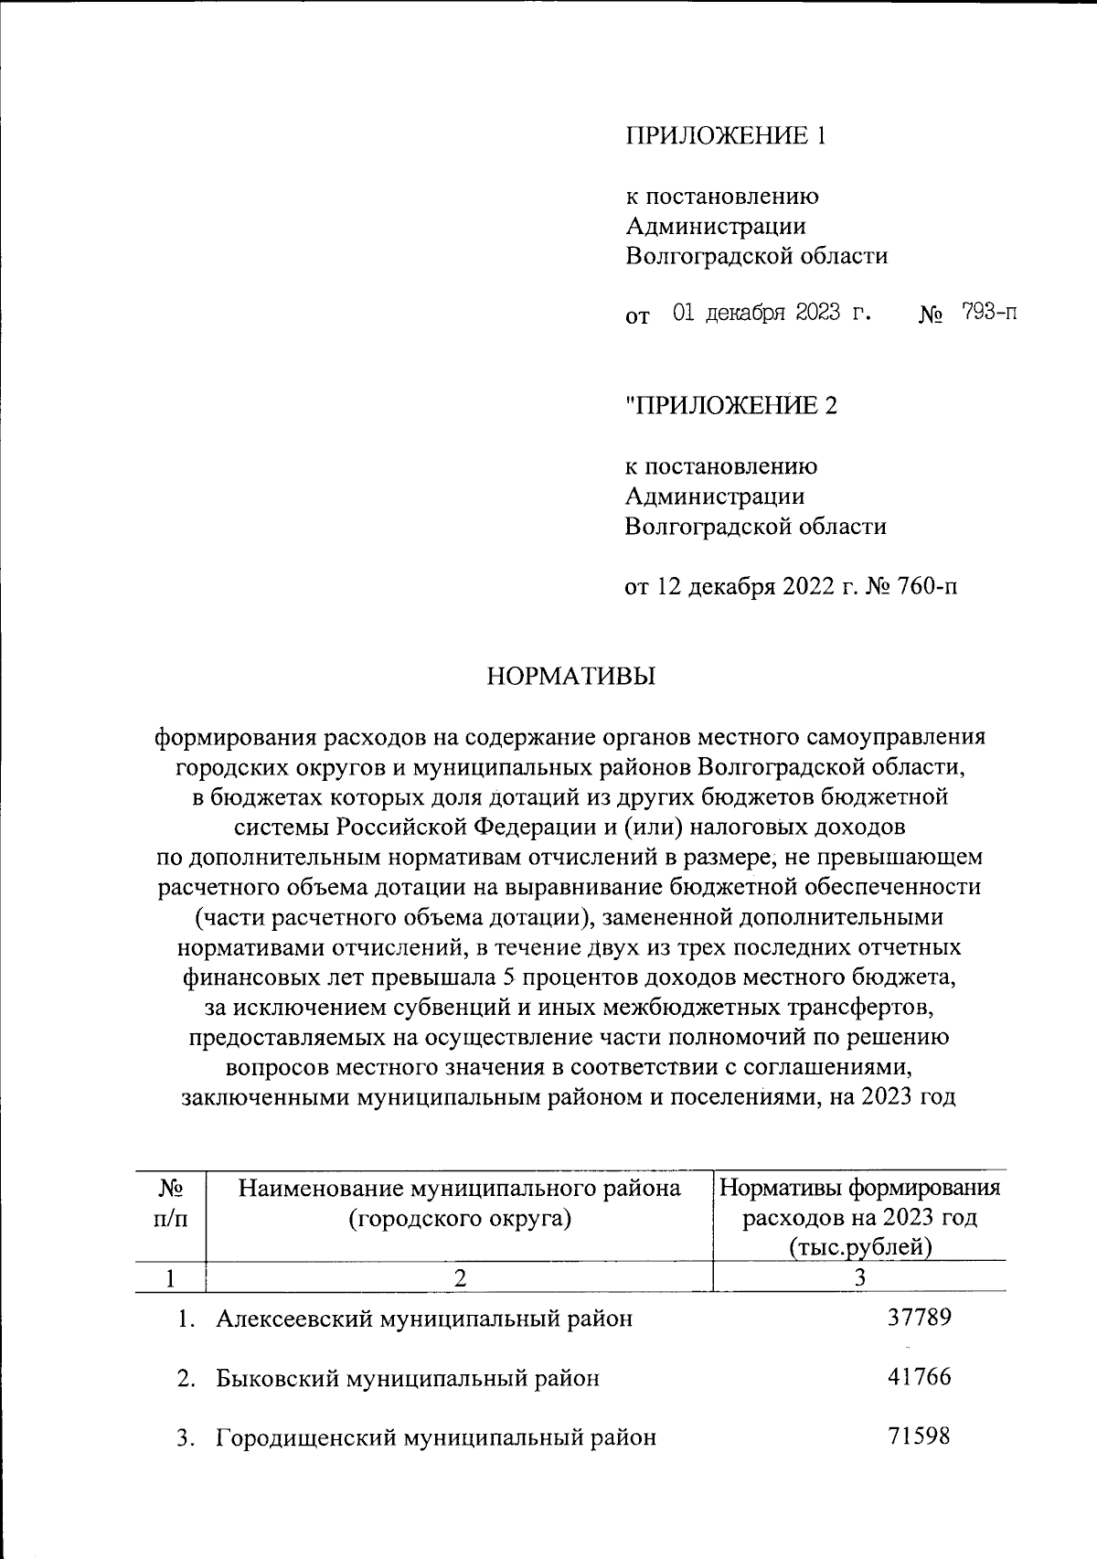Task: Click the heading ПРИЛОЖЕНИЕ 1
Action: coord(726,136)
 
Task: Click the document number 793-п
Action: coord(989,314)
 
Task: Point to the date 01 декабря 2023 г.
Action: coord(770,314)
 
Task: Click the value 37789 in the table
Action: coord(920,1318)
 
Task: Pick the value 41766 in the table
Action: coord(920,1377)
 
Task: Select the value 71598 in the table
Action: coord(920,1436)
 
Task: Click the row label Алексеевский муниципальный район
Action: coord(424,1319)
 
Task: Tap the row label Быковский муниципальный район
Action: coord(408,1378)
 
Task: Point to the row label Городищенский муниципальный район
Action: coord(436,1437)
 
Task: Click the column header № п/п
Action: coord(171,1203)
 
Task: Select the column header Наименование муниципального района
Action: coord(460,1188)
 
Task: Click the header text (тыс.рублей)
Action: coord(859,1247)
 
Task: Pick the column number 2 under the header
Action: coord(461,1278)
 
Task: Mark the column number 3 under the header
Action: coord(859,1278)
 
